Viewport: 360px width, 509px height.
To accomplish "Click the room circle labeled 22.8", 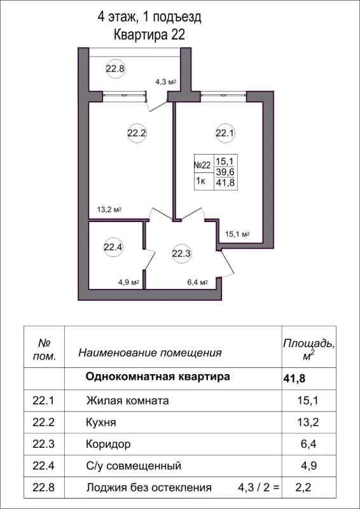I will tap(115, 69).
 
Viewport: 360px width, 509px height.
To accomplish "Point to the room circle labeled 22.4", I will tap(113, 247).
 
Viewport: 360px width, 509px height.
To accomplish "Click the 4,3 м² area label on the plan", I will tap(165, 82).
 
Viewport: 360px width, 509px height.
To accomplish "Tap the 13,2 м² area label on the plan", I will tap(109, 209).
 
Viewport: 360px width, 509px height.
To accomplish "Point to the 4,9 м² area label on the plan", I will tap(127, 283).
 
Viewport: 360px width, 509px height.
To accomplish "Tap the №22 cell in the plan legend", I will tap(202, 164).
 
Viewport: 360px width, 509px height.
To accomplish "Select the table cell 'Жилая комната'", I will tap(127, 401).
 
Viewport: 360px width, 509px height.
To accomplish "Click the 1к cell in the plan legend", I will tap(202, 181).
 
